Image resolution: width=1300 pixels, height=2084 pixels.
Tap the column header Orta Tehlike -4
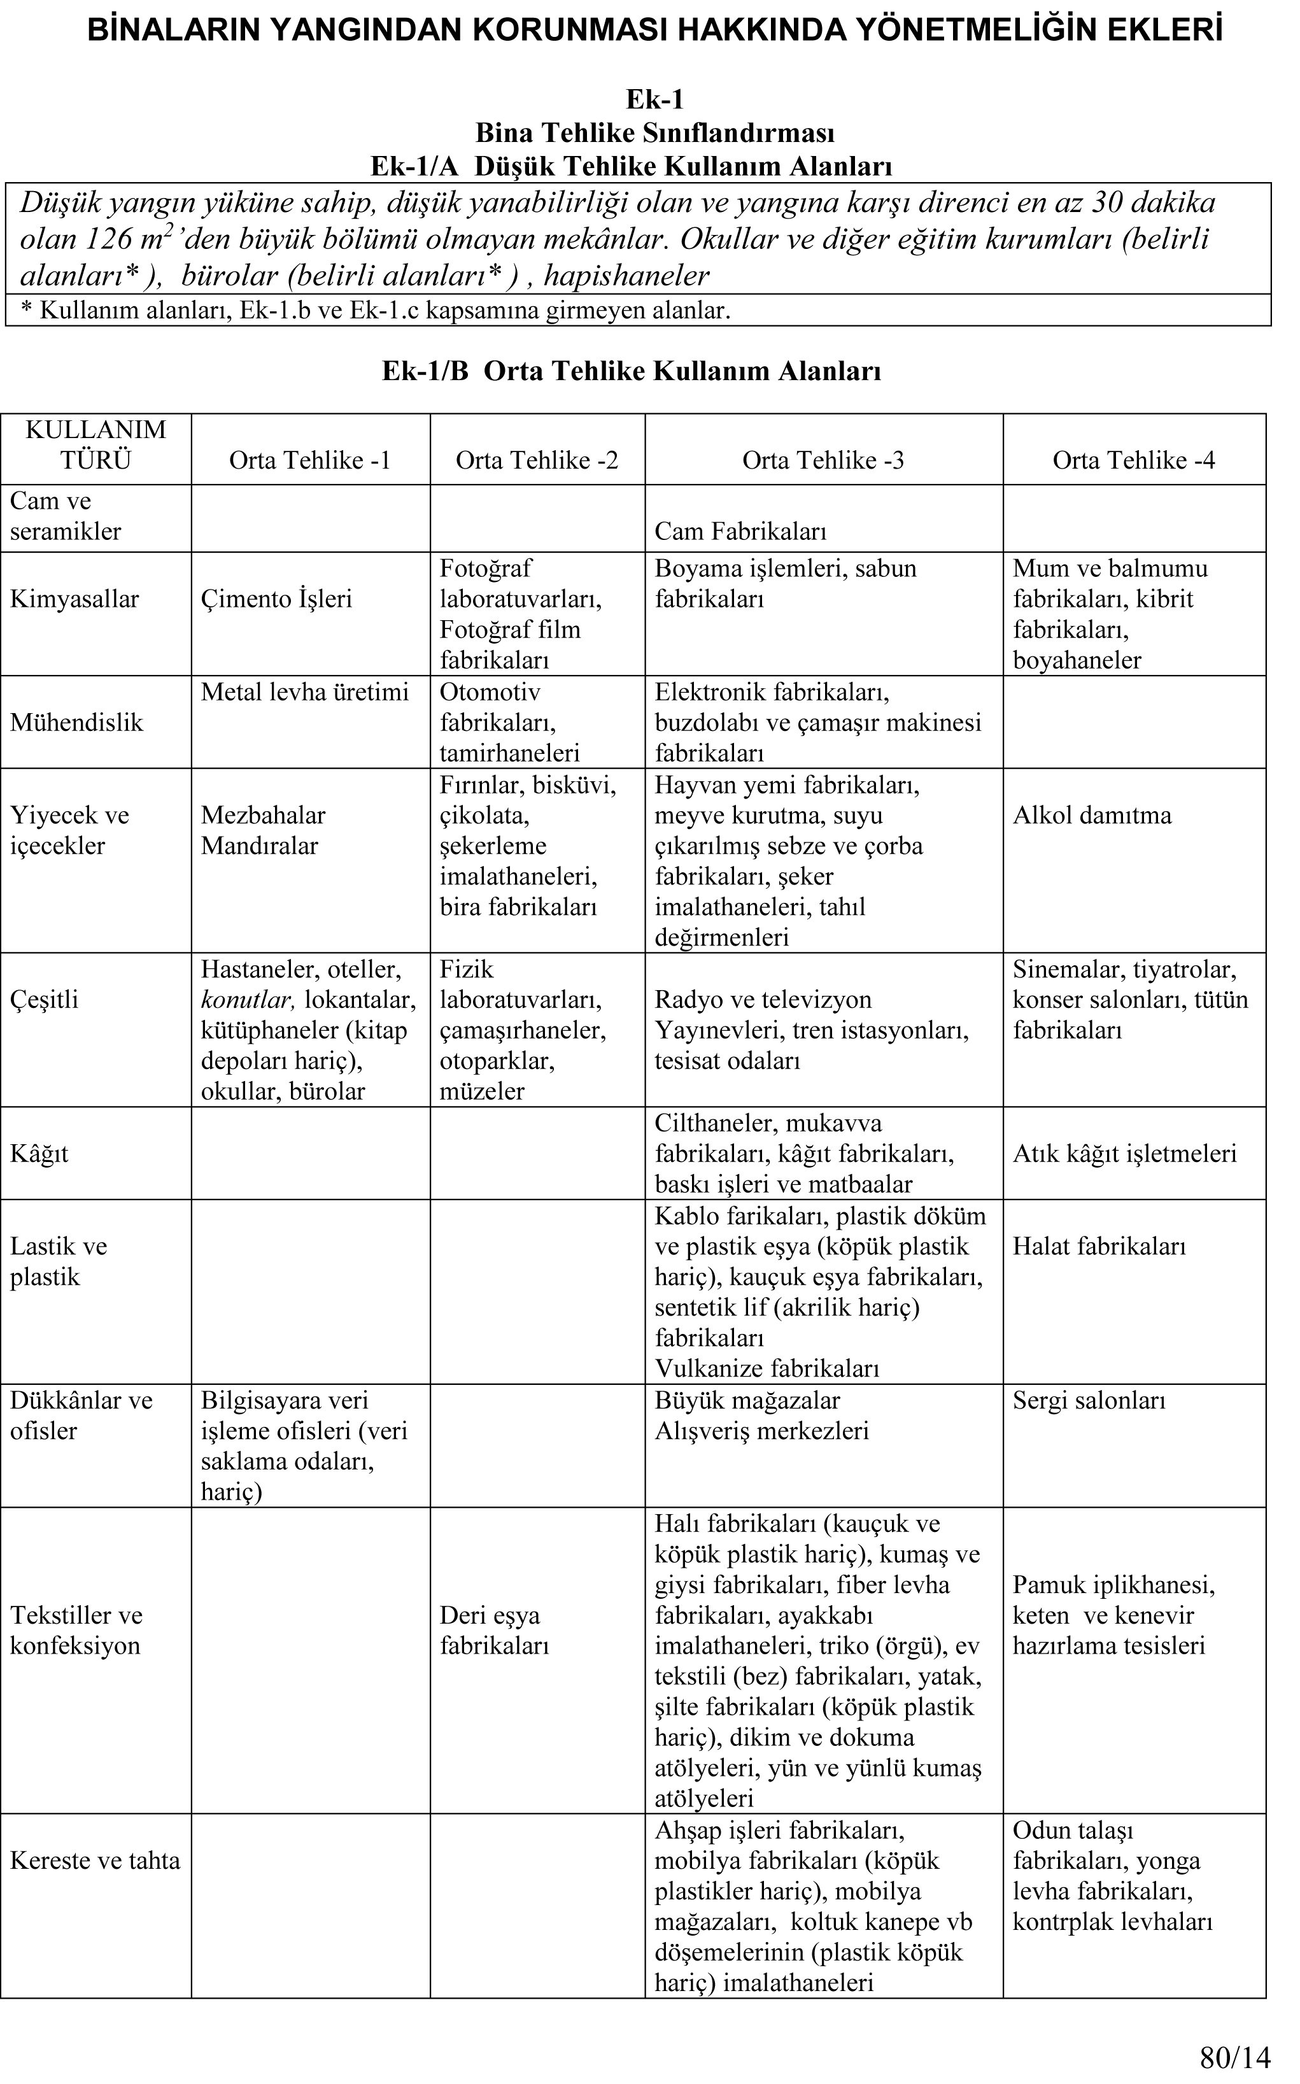coord(1133,461)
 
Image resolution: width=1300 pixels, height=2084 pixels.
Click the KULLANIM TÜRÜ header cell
coord(95,444)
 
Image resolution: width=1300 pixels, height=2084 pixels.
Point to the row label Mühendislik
coord(76,722)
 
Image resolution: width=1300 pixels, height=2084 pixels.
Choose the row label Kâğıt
coord(39,1154)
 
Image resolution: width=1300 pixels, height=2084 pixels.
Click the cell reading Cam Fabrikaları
coord(740,531)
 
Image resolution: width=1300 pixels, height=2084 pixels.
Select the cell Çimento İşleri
coord(276,599)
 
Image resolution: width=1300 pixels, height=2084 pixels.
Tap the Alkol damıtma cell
coord(1092,815)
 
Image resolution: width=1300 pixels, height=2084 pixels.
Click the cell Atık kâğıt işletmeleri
coord(1124,1154)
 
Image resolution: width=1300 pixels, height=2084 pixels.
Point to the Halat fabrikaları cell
coord(1099,1247)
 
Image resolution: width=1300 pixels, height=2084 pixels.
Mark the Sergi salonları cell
coord(1089,1401)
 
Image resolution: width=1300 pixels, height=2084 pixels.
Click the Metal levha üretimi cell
coord(304,692)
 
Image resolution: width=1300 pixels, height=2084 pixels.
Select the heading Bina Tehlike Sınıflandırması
coord(654,133)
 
